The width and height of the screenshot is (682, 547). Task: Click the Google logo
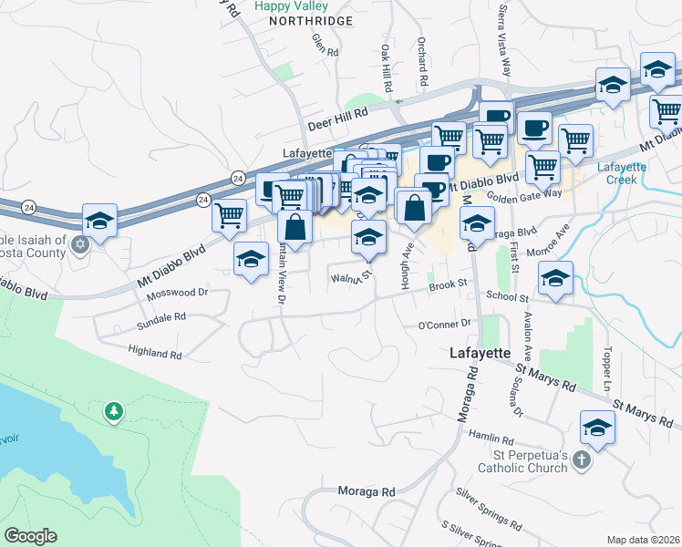tap(30, 536)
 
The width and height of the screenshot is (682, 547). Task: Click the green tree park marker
tap(113, 412)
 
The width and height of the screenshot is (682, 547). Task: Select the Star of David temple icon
tap(79, 243)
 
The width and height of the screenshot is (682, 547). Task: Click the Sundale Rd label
tap(160, 316)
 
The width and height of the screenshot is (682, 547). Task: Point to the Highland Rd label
tap(155, 353)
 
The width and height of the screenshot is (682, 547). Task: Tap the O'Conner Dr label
tap(443, 324)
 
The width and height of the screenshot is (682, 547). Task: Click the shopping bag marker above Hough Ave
tap(414, 206)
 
